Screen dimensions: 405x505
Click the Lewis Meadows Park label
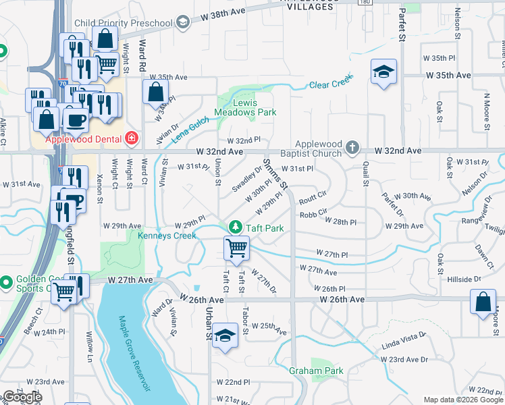(246, 107)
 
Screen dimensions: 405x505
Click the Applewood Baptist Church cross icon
(351, 146)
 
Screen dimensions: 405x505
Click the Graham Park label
(316, 371)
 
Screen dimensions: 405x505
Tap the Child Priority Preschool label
(124, 24)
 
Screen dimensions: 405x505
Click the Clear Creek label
(331, 83)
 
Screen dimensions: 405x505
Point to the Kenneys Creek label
(167, 236)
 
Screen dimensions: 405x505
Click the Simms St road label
(276, 174)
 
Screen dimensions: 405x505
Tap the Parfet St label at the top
(401, 24)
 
